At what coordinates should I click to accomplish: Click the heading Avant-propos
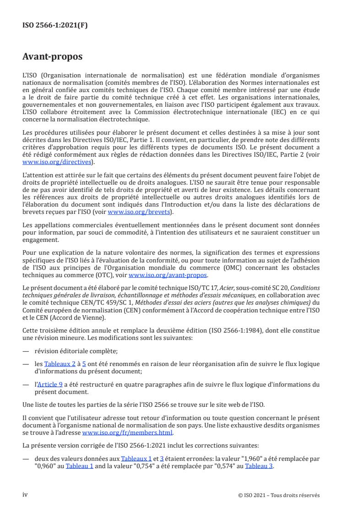tap(53, 57)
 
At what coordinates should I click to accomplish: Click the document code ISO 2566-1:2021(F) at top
tap(55, 26)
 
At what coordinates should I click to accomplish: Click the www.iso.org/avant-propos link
tap(168, 274)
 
